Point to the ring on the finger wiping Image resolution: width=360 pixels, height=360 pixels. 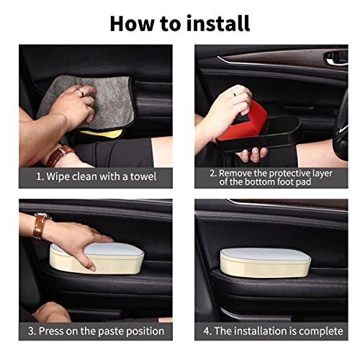click(x=81, y=92)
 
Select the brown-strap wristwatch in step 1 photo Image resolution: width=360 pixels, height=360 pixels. click(x=63, y=153)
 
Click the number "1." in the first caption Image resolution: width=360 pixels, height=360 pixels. click(x=40, y=176)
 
